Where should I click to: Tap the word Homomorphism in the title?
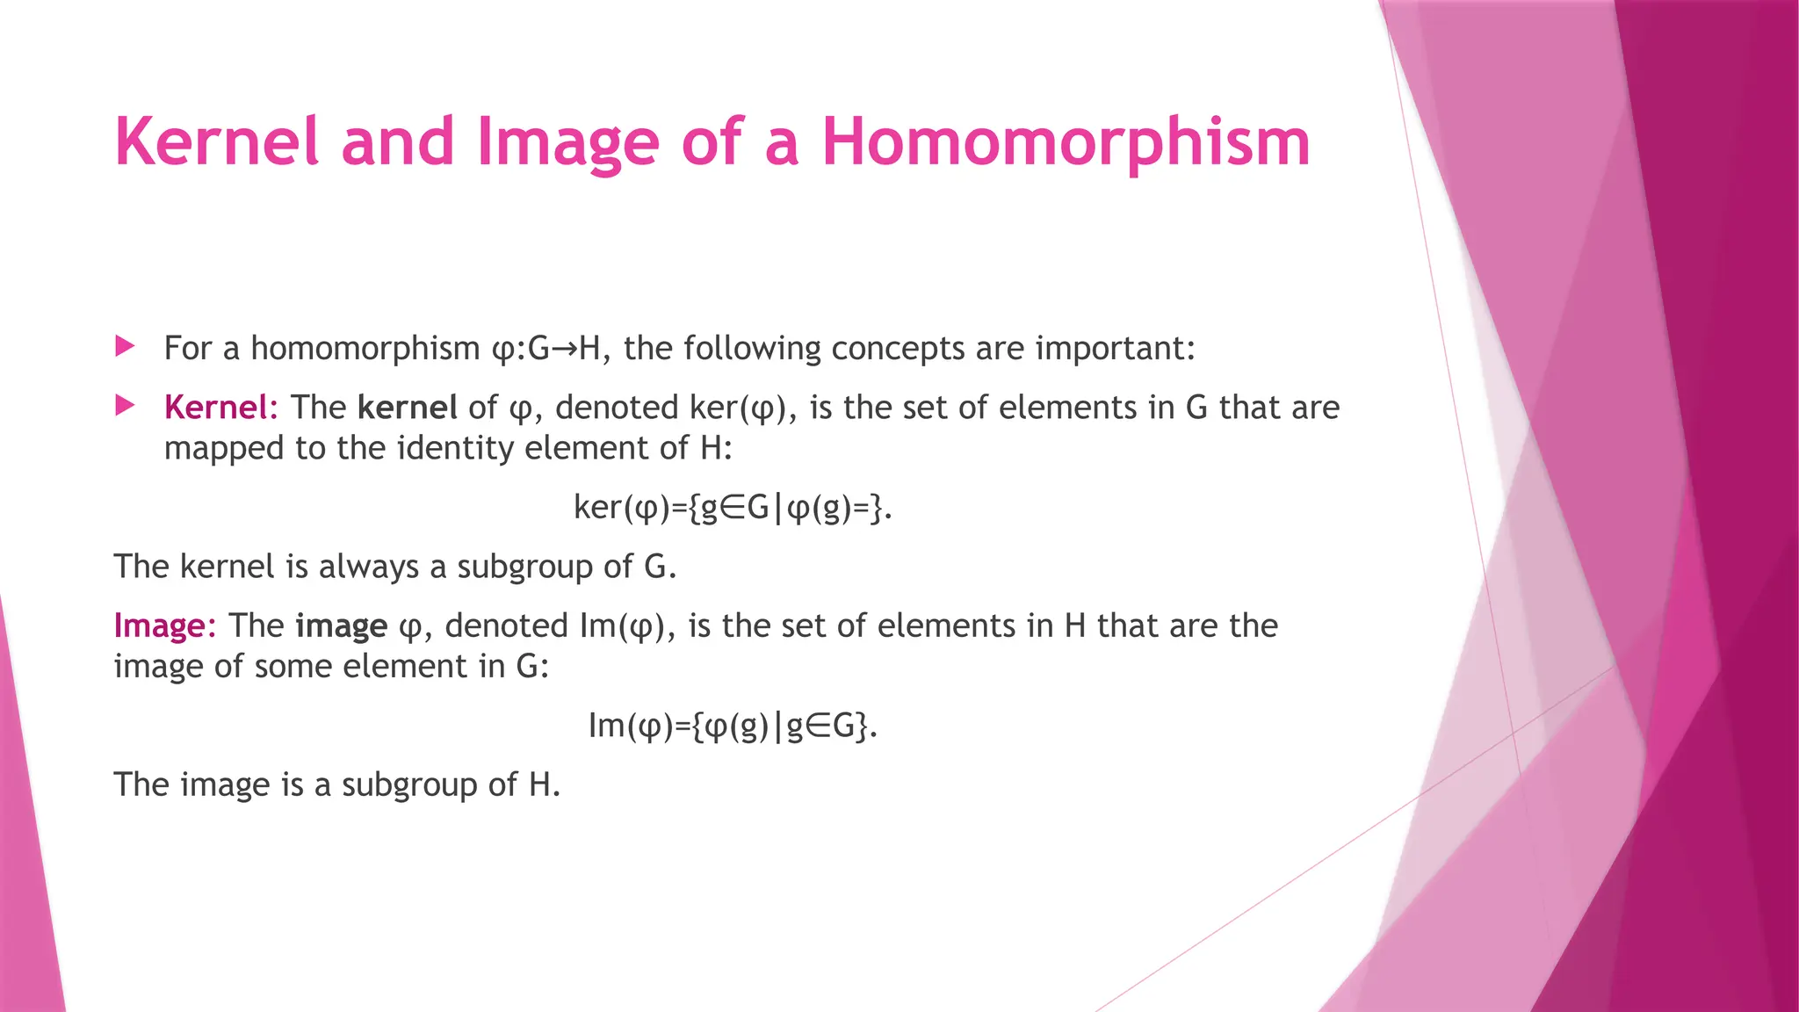[x=1065, y=142]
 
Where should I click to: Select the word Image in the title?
[x=567, y=142]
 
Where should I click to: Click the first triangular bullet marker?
[x=125, y=346]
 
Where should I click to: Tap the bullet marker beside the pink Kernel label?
[x=125, y=406]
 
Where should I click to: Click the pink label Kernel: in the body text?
[x=220, y=408]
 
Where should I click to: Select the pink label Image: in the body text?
[x=164, y=625]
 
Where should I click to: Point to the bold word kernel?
[x=407, y=408]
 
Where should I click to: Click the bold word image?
[x=341, y=625]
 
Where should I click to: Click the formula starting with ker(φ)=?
[x=733, y=508]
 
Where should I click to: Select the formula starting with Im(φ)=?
[x=733, y=726]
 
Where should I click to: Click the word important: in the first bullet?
[x=1115, y=349]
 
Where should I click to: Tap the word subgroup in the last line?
[x=421, y=784]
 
